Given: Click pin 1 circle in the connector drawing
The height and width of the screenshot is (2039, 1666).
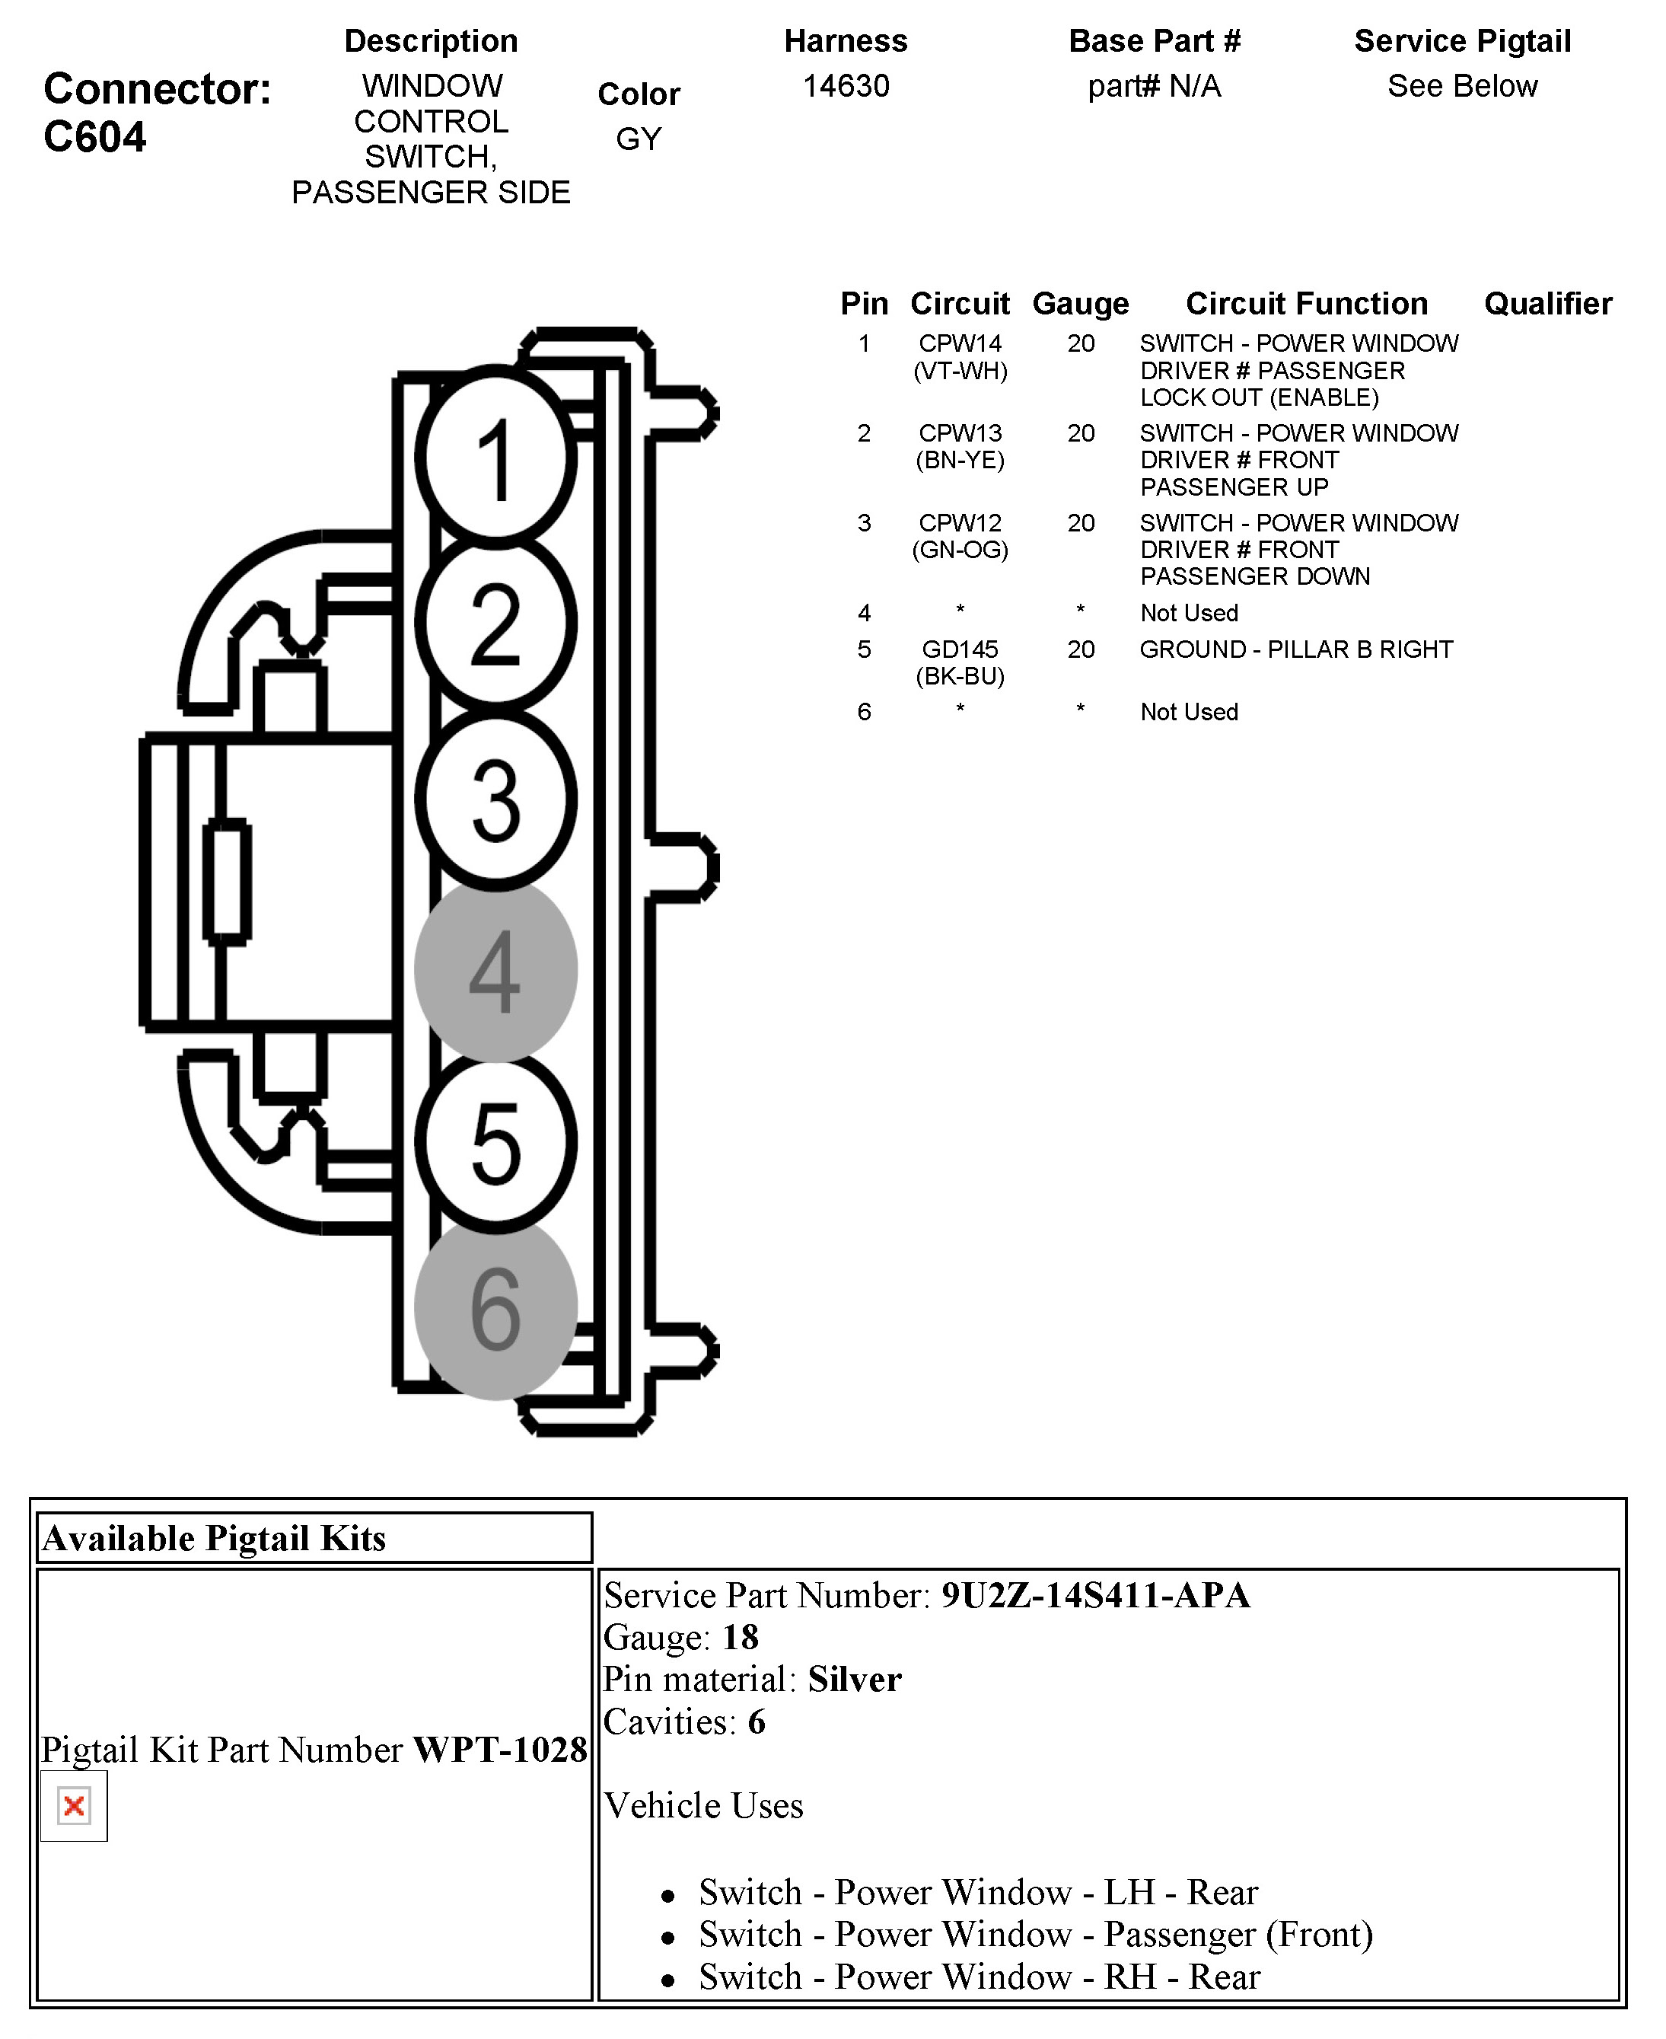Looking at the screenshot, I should click(495, 458).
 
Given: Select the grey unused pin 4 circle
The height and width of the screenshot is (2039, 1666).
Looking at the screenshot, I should click(495, 971).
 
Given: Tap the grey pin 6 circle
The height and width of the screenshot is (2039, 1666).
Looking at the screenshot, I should click(495, 1309).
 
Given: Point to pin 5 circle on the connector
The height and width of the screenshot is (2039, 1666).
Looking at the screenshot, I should click(495, 1141).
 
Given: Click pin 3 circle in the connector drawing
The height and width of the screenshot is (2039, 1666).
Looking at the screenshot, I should click(495, 799).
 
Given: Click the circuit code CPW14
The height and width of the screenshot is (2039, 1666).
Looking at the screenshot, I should click(960, 343).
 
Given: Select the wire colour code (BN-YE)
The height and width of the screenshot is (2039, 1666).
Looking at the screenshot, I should click(960, 461).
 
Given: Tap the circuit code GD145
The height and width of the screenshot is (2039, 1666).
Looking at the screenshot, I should click(960, 650).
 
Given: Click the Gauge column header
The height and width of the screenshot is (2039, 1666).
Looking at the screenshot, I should click(1080, 303).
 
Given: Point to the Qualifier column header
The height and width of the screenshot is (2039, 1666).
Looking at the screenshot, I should click(1547, 303).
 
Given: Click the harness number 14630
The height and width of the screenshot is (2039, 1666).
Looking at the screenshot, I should click(846, 86).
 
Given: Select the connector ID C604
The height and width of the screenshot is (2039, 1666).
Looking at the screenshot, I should click(95, 137).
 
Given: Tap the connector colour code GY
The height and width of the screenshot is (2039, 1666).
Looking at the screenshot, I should click(639, 139).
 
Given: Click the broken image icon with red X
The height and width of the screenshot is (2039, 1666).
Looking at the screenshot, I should click(74, 1806).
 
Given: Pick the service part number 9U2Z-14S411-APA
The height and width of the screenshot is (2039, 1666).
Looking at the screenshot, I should click(1095, 1595).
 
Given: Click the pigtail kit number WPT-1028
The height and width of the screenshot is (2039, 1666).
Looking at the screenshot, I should click(499, 1749).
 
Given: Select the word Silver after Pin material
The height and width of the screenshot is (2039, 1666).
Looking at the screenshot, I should click(854, 1679).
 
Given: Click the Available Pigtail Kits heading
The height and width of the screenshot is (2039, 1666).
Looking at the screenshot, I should click(214, 1538).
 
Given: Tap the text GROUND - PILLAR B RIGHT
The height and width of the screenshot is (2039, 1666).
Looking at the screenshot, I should click(1295, 650).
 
